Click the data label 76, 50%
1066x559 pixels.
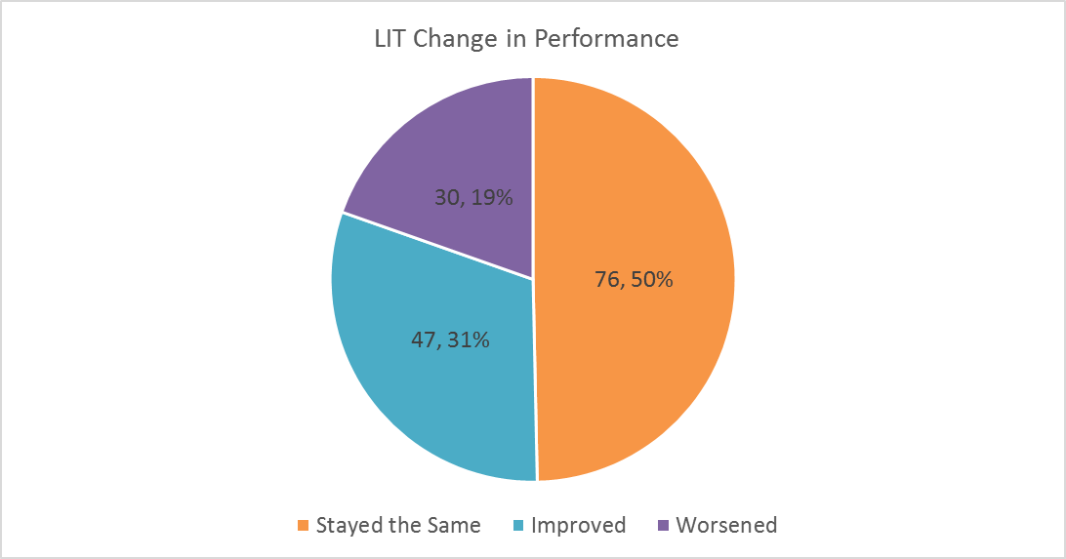(x=634, y=280)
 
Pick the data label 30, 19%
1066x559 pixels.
(x=473, y=197)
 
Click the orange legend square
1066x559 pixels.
(x=302, y=526)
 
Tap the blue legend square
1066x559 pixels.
(x=517, y=526)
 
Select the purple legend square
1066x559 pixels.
(x=664, y=526)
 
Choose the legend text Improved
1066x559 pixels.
(x=579, y=526)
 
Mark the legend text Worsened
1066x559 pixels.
(x=727, y=526)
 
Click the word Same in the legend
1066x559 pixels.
(x=455, y=526)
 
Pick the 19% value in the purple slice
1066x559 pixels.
(x=491, y=197)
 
